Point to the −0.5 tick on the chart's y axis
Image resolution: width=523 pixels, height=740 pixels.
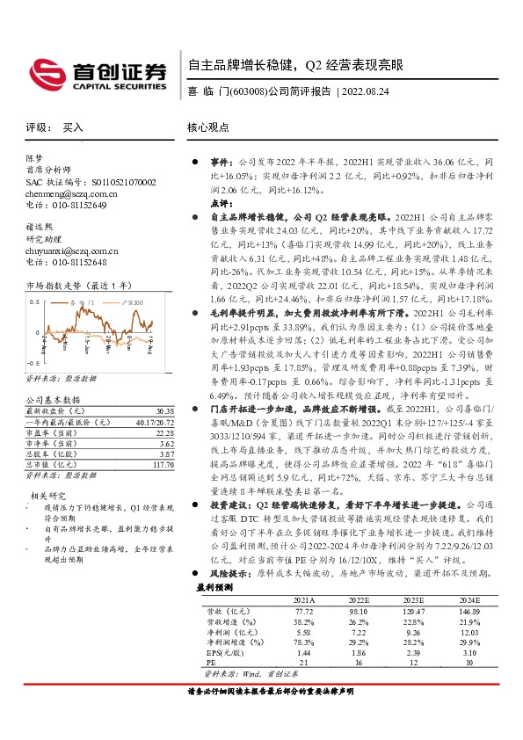[x=34, y=362]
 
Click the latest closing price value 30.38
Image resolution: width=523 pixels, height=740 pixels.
[x=163, y=410]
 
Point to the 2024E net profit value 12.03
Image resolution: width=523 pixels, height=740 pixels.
[x=469, y=633]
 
